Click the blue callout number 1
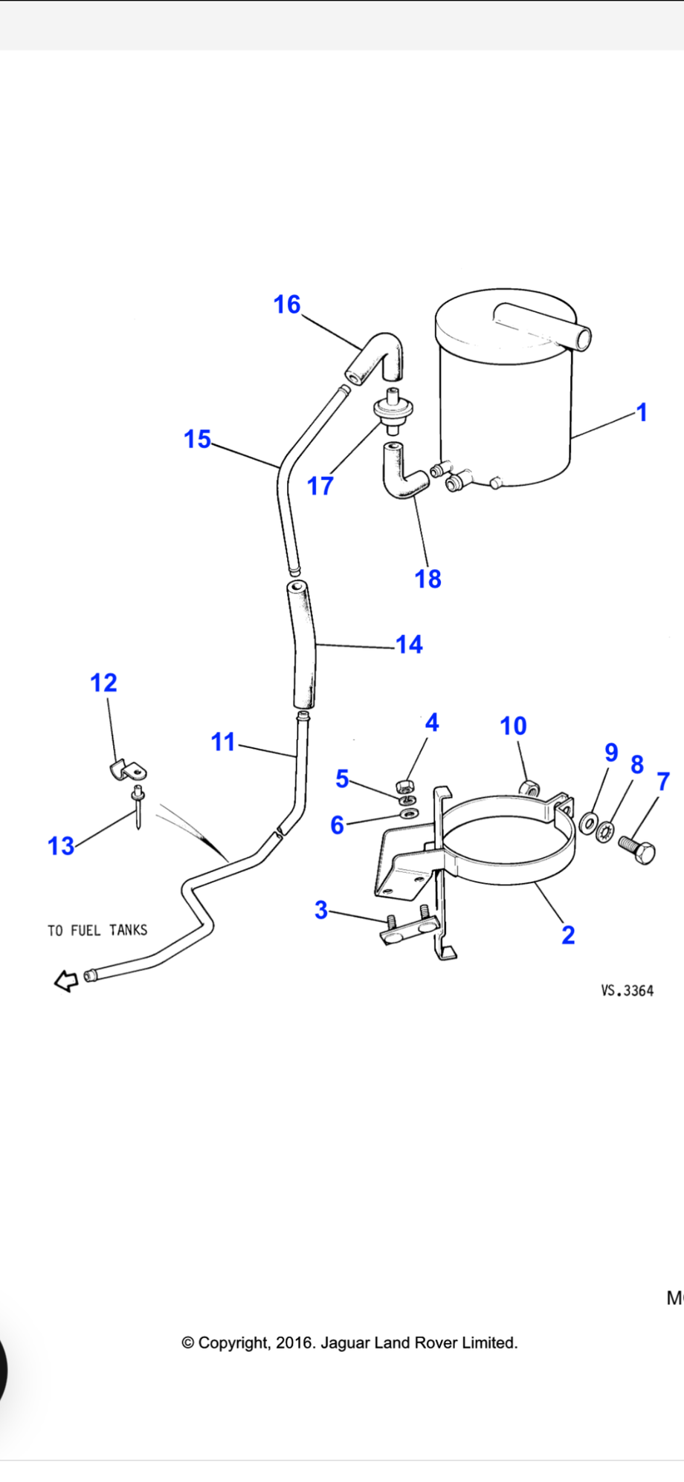[642, 412]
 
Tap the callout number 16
[287, 304]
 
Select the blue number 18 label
[428, 579]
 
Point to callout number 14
[410, 644]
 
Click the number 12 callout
[104, 683]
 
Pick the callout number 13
[61, 845]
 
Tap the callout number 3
[321, 910]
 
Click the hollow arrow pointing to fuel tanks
[66, 981]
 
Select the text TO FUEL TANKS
[97, 930]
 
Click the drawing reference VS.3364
[627, 991]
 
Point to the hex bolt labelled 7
[637, 851]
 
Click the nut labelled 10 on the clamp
[529, 787]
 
